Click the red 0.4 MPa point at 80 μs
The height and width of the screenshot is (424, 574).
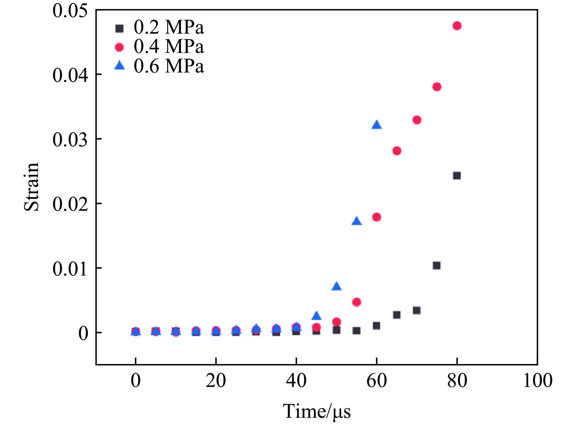[457, 26]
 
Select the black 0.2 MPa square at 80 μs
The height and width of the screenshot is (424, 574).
[457, 176]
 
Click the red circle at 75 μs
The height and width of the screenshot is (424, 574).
[437, 87]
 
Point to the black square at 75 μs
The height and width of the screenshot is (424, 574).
[437, 266]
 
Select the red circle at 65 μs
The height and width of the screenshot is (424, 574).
[397, 151]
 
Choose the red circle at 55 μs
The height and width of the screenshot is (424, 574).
[357, 302]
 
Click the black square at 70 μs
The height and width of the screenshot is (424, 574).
[417, 310]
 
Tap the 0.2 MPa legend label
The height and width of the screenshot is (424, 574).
[168, 27]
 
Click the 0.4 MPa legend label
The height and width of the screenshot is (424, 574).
[168, 47]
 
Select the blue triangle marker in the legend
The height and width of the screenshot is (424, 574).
[119, 66]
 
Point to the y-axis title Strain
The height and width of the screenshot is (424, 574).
[32, 187]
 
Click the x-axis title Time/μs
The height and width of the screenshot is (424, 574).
[316, 411]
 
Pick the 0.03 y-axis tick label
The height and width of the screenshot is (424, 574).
[69, 139]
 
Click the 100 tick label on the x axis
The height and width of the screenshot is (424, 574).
[538, 380]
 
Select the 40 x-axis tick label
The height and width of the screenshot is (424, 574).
[296, 380]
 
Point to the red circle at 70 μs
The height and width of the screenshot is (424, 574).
[417, 120]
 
